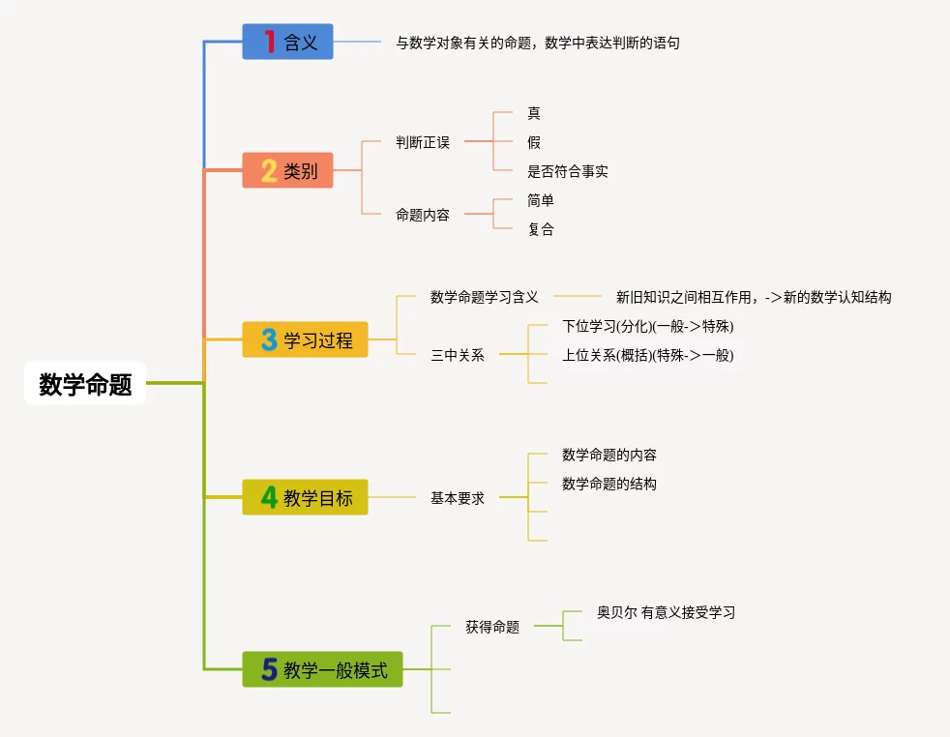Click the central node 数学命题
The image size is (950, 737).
point(85,384)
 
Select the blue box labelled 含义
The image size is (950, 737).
point(287,42)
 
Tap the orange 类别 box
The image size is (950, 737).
point(287,170)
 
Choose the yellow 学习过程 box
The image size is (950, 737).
point(305,339)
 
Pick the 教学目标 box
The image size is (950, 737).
point(305,497)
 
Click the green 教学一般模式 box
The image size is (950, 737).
point(322,669)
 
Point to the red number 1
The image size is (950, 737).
point(269,42)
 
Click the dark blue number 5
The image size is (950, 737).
point(270,669)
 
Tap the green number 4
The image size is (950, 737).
point(269,497)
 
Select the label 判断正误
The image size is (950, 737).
point(423,142)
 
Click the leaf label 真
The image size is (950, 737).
point(534,113)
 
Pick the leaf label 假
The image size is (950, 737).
point(534,142)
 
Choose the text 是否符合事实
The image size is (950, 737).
point(568,171)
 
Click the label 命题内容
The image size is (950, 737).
point(423,215)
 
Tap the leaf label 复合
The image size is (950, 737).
point(541,229)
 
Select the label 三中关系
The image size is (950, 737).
point(458,355)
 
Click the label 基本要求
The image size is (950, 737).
point(458,498)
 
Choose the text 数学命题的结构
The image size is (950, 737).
point(609,484)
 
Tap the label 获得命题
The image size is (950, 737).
point(492,627)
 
